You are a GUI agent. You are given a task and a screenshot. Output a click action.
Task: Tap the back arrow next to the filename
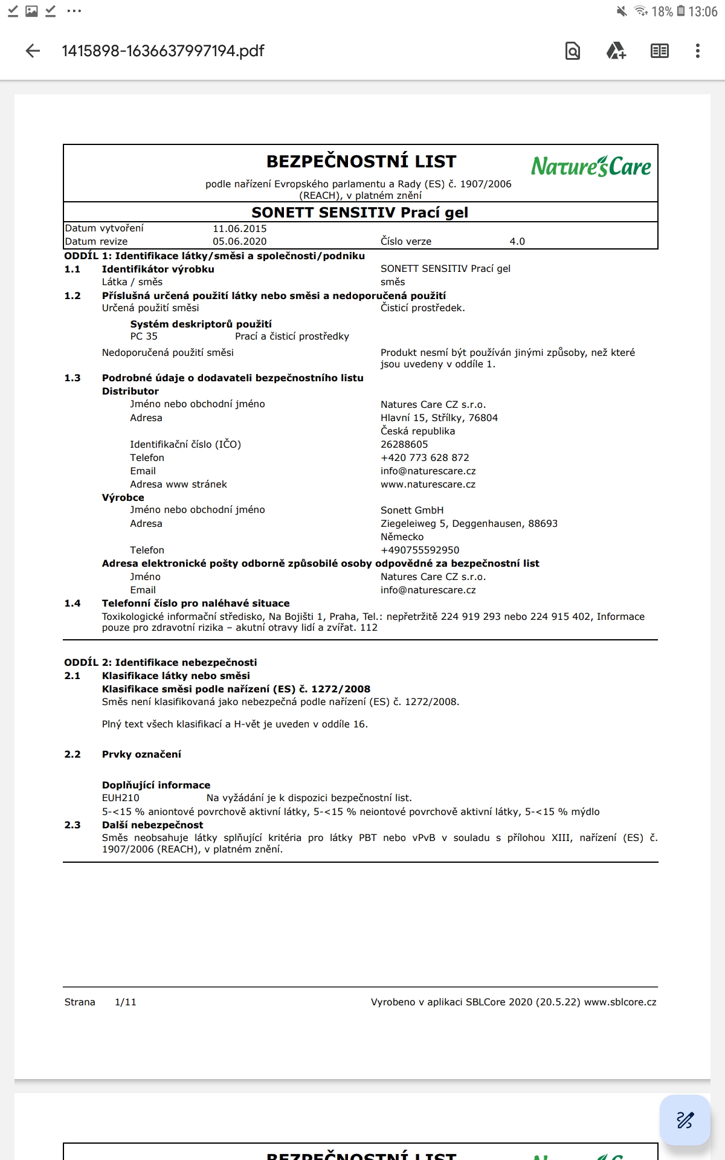coord(33,51)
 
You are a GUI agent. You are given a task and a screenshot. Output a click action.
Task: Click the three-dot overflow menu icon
coord(698,51)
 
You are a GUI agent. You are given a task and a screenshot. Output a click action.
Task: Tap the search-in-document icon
coord(572,51)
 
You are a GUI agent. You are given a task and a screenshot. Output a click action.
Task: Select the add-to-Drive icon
coord(616,51)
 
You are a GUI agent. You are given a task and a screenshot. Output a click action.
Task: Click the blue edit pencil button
coord(685,1120)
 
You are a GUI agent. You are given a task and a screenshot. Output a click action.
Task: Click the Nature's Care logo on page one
coord(591,166)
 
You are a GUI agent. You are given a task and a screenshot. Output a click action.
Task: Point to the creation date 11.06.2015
coord(239,228)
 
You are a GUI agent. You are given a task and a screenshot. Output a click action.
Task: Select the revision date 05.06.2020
coord(239,242)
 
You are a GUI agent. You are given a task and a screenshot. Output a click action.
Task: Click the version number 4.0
coord(517,242)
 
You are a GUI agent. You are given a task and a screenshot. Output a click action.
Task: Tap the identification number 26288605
coord(404,445)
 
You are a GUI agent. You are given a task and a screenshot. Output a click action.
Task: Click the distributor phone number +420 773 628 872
coord(425,458)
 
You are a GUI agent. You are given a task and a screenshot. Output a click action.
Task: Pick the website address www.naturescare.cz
coord(428,485)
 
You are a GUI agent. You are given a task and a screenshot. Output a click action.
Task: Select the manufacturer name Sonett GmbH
coord(412,511)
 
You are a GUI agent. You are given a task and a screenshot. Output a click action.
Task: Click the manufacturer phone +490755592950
coord(420,550)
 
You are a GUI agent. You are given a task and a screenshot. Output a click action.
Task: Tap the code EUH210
coord(121,798)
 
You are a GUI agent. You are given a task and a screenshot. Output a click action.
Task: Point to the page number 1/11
coord(126,1002)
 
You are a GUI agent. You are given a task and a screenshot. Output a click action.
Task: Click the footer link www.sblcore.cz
coord(620,1002)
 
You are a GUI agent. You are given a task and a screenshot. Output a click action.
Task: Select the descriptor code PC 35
coord(144,337)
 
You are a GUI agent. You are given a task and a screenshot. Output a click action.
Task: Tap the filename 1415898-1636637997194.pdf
coord(163,51)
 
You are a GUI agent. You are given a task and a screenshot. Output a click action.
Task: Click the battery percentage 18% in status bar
coord(662,11)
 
